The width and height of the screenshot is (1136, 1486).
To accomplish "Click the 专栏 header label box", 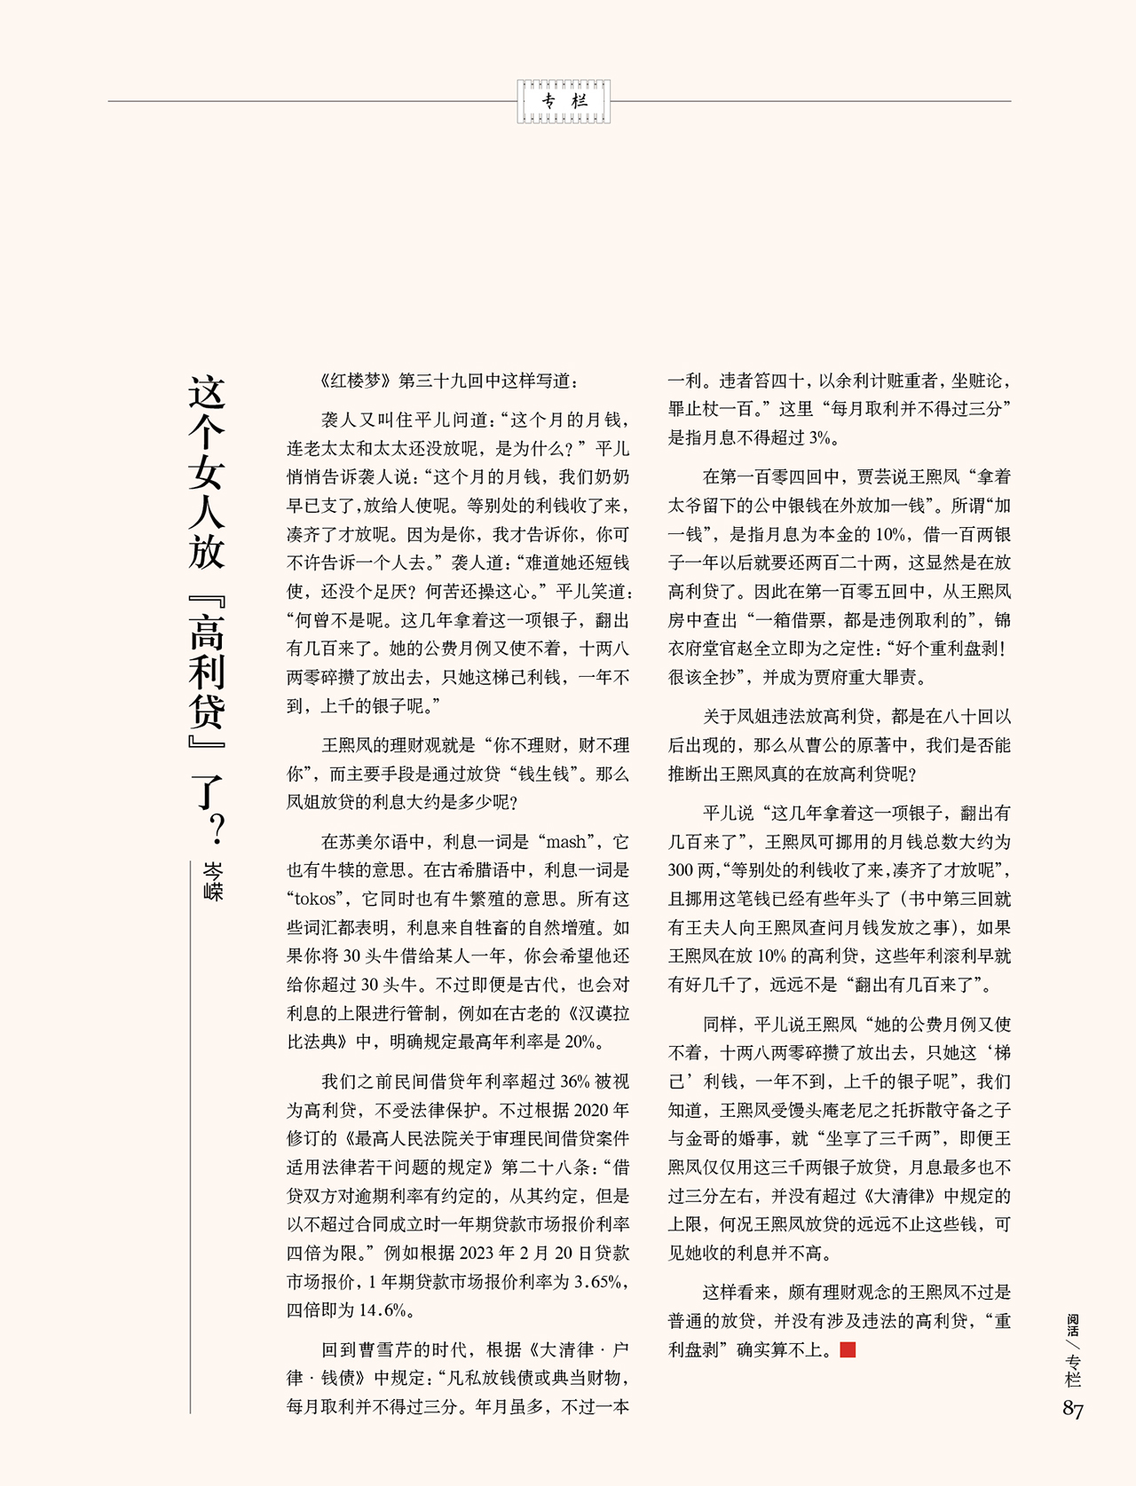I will [x=565, y=101].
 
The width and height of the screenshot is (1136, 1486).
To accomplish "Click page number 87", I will [x=1073, y=1410].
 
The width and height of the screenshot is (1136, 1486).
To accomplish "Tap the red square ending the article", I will [x=847, y=1350].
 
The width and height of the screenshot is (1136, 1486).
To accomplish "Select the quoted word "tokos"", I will [x=316, y=899].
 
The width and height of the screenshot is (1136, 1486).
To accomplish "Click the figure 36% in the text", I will [x=574, y=1081].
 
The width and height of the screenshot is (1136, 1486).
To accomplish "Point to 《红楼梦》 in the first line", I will [x=353, y=381].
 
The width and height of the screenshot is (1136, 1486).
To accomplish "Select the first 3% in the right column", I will [x=823, y=437].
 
